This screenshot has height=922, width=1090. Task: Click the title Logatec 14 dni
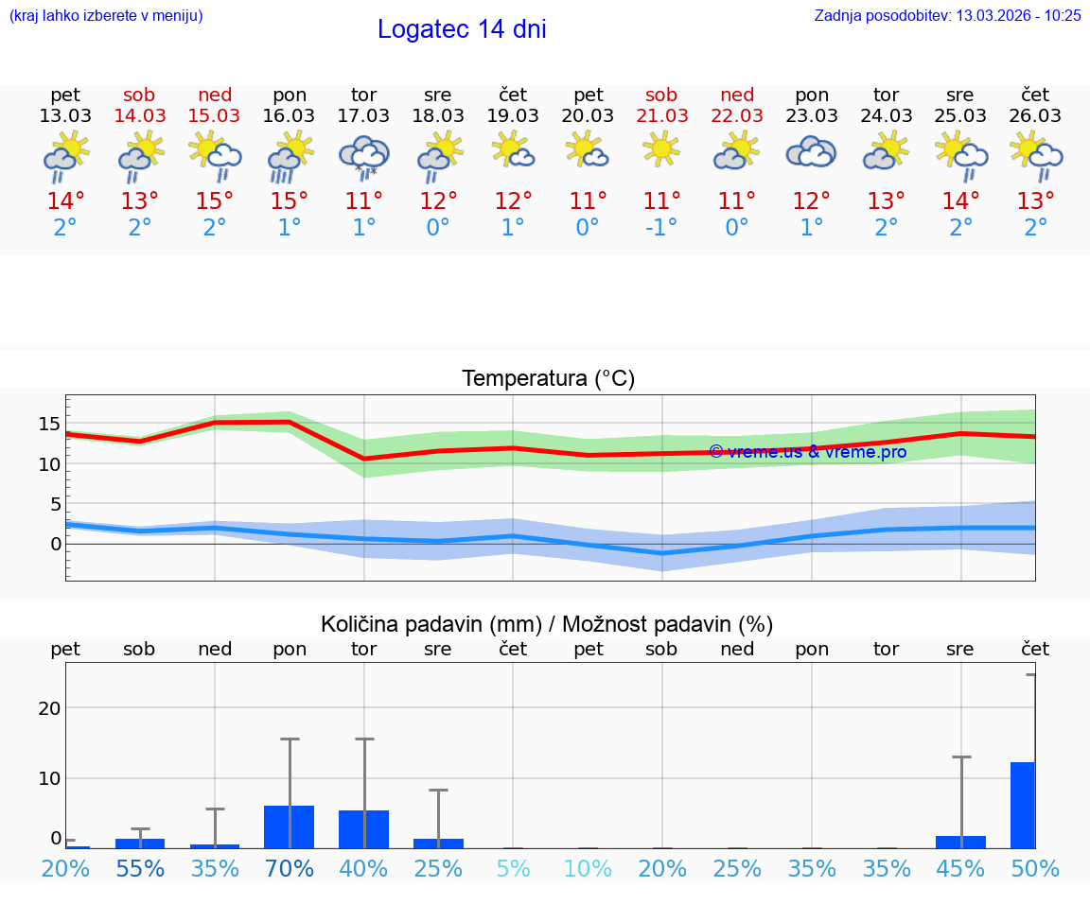click(x=462, y=29)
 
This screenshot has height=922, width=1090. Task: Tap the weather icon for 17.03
click(x=363, y=154)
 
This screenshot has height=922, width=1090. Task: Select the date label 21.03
click(x=661, y=116)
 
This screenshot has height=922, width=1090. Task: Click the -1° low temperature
click(x=661, y=228)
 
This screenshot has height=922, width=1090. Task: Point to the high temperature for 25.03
click(x=960, y=201)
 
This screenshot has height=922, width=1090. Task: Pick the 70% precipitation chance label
click(x=289, y=868)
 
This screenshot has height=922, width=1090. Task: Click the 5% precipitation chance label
click(x=513, y=868)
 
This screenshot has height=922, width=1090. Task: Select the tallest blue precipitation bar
click(x=1022, y=805)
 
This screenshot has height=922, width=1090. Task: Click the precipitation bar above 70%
click(x=289, y=826)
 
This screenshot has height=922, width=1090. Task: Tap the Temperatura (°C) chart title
click(x=548, y=379)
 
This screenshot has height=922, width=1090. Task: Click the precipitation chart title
click(x=547, y=624)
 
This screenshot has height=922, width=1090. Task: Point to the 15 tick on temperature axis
click(x=49, y=424)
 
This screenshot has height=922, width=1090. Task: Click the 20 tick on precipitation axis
click(x=49, y=708)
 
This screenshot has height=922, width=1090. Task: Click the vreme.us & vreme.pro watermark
click(x=807, y=452)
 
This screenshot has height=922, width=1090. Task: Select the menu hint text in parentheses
click(x=106, y=15)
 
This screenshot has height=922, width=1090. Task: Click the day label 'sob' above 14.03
click(x=139, y=95)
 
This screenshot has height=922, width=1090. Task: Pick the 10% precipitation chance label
click(x=588, y=868)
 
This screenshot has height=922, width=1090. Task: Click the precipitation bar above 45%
click(x=960, y=842)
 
